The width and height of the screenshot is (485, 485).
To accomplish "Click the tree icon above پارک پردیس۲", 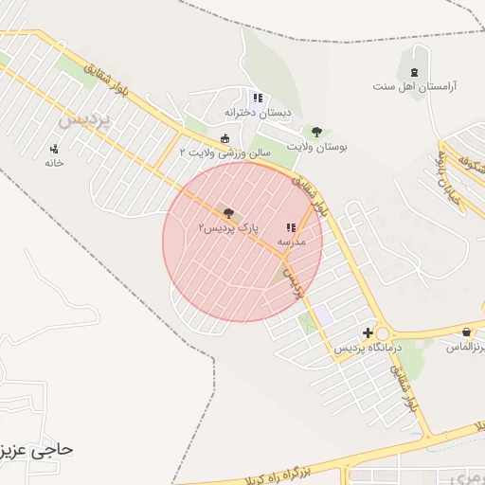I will [x=228, y=215].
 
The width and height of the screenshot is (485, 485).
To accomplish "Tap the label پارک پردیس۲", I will [x=228, y=229].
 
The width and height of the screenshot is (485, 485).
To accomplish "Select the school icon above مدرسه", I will [x=290, y=227].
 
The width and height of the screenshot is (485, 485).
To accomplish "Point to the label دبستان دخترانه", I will [x=259, y=112].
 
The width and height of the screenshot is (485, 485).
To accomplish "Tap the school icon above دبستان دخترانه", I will [x=258, y=98].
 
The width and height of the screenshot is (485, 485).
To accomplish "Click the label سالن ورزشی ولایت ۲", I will [x=225, y=152].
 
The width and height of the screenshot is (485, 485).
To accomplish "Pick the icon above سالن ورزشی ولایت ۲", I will [x=225, y=138].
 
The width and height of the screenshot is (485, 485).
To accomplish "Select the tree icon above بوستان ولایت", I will [x=316, y=133].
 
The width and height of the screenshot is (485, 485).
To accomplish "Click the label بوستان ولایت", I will [x=316, y=147].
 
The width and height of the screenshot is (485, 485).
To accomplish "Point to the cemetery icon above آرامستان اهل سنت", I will [x=413, y=72].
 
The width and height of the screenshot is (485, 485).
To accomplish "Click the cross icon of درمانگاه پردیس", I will [x=368, y=332].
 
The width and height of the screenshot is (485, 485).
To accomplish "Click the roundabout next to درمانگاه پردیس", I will [x=384, y=333].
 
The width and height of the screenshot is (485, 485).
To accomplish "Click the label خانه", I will [x=54, y=162].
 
